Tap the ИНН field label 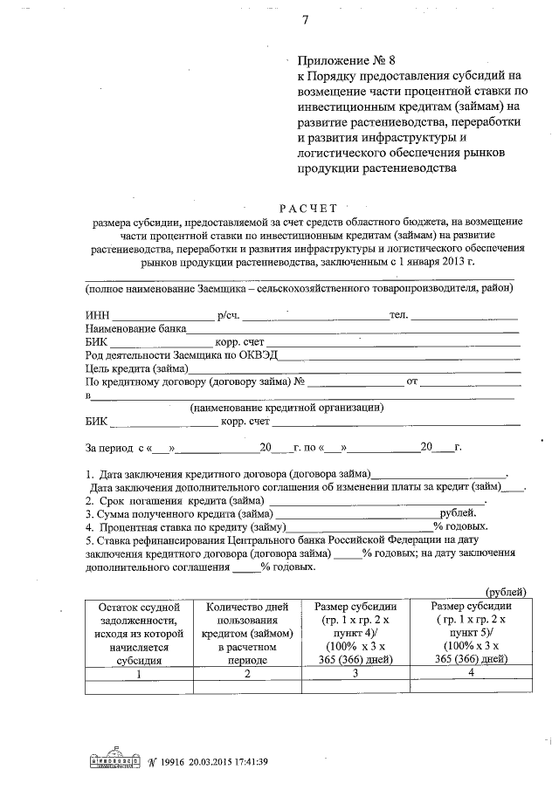[97, 315]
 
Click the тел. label [398, 314]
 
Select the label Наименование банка [135, 329]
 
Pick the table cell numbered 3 [354, 674]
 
